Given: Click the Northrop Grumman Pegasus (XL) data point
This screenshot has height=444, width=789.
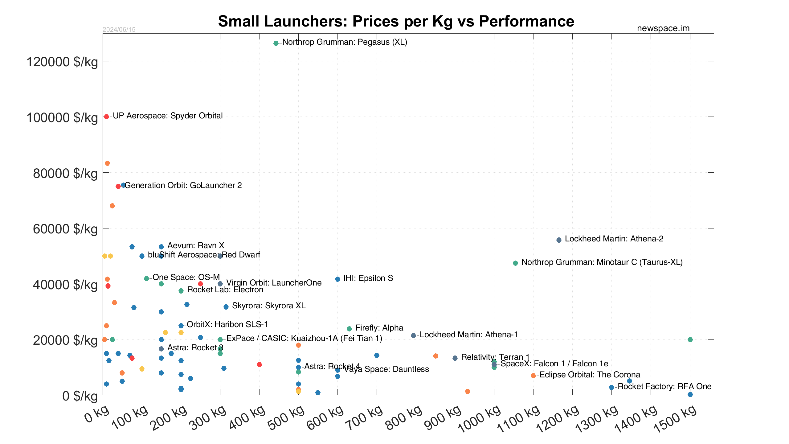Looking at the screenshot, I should [x=276, y=43].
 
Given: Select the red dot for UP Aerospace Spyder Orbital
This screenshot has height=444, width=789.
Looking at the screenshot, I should [x=106, y=117].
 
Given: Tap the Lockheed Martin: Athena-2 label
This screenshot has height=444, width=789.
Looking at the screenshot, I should [x=614, y=239].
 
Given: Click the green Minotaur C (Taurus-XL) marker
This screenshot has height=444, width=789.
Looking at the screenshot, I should [x=515, y=263].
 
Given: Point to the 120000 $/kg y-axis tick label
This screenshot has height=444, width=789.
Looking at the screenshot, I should [x=62, y=62].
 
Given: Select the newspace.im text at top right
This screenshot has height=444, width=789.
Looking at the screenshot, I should [x=663, y=28].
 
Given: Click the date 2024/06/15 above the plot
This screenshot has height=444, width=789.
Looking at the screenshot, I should [x=119, y=30].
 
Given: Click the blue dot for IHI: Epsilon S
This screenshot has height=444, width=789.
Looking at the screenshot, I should [x=337, y=279].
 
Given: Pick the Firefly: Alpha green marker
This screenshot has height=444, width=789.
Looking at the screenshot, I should [x=349, y=329].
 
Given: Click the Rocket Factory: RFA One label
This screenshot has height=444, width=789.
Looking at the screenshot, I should [x=664, y=386].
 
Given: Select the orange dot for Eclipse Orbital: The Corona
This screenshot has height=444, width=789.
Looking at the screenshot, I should [x=533, y=376].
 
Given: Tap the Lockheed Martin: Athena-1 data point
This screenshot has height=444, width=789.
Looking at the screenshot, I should [x=413, y=335].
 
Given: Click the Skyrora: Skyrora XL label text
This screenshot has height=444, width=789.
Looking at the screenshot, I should [x=269, y=306].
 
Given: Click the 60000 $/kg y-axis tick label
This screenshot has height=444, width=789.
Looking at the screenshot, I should [x=65, y=229].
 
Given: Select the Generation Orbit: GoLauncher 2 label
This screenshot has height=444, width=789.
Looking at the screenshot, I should [x=183, y=185].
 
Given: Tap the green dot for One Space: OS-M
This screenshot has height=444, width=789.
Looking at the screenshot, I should [x=146, y=278].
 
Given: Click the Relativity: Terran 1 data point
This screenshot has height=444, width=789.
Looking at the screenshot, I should [x=455, y=358].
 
